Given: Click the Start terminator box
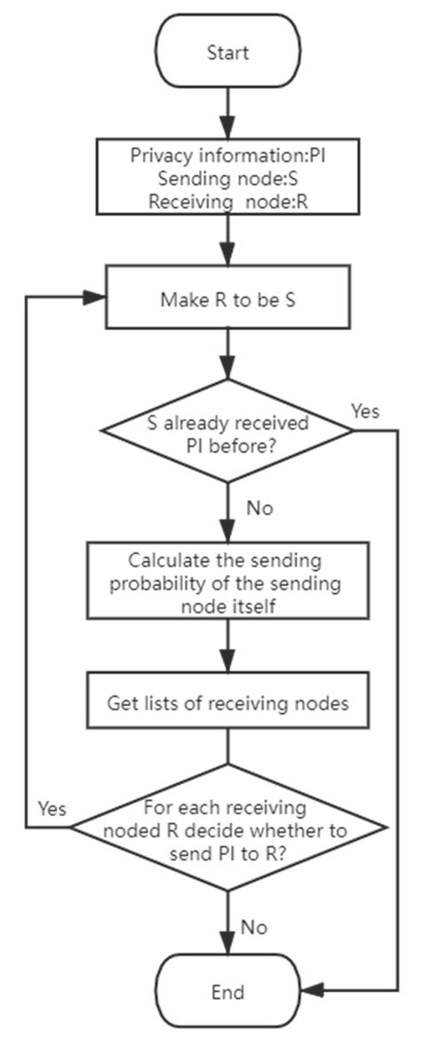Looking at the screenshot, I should pos(228,52).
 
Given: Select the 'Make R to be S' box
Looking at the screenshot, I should pos(228,299).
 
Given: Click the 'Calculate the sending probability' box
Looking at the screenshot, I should pos(228,582).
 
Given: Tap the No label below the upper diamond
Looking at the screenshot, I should pos(259,509).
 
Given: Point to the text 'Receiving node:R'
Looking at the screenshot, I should pos(228,201).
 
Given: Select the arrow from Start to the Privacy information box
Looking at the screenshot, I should pos(228,111).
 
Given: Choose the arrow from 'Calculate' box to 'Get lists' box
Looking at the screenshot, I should pos(228,650).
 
